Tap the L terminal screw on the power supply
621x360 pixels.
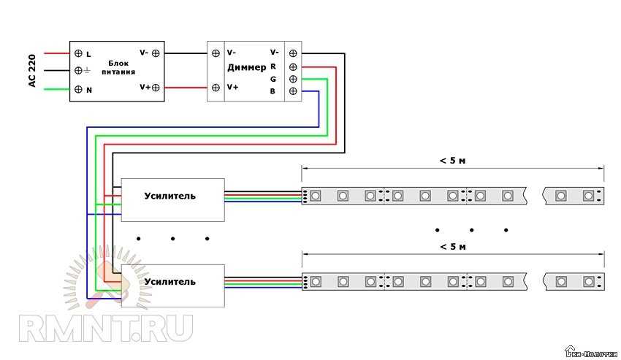(78, 53)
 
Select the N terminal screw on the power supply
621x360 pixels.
(78, 89)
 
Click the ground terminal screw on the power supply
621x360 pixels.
(78, 71)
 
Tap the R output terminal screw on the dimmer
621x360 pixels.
(293, 66)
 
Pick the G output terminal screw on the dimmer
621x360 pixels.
(293, 78)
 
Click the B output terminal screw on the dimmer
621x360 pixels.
(293, 91)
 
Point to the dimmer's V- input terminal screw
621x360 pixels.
(216, 53)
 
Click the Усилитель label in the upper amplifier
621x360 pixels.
(170, 196)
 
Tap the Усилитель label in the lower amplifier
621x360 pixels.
(170, 281)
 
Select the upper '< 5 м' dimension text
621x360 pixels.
(453, 161)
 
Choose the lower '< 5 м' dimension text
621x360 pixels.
(453, 247)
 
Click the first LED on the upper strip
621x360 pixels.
(315, 196)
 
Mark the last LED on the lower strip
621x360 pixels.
(589, 281)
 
